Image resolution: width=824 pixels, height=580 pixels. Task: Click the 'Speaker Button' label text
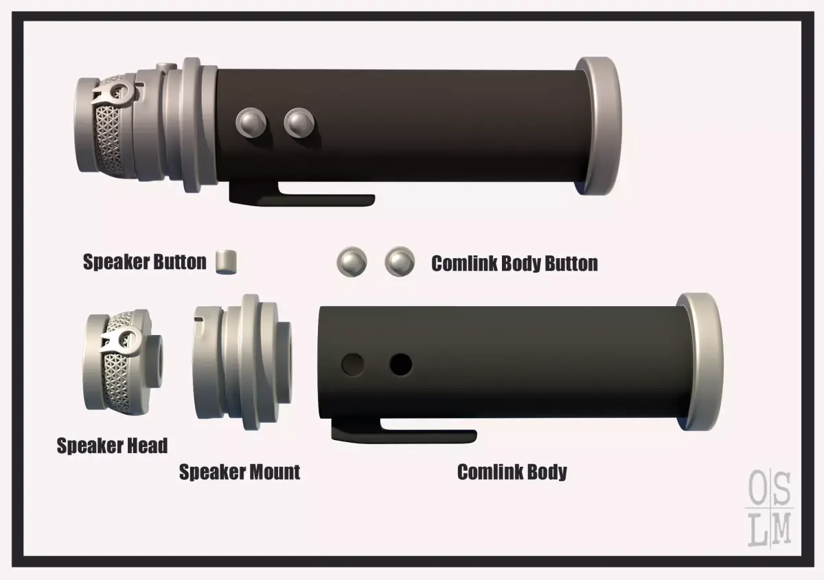[x=145, y=262]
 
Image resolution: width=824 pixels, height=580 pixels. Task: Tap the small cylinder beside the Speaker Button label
[x=226, y=262]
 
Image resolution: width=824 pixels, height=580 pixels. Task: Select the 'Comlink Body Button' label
[x=514, y=264]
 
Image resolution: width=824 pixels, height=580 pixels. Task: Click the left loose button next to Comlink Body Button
[x=352, y=262]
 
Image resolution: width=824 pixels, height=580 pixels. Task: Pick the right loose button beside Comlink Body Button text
[x=400, y=262]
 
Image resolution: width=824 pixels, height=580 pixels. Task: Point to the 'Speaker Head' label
[x=112, y=445]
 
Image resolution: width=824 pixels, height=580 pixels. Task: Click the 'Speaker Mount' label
[x=240, y=472]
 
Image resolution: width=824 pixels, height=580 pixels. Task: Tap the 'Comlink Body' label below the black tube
[x=512, y=472]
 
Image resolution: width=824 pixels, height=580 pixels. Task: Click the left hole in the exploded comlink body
[x=353, y=364]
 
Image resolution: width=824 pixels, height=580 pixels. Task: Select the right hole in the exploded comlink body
[x=400, y=364]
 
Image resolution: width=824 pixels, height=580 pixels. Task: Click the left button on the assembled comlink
[x=251, y=123]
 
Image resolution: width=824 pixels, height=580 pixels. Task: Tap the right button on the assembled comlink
[x=299, y=123]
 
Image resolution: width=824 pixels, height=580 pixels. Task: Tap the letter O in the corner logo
[x=758, y=488]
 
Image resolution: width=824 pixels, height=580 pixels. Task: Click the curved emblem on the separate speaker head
[x=122, y=341]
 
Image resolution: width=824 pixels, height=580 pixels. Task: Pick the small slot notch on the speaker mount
[x=199, y=319]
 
